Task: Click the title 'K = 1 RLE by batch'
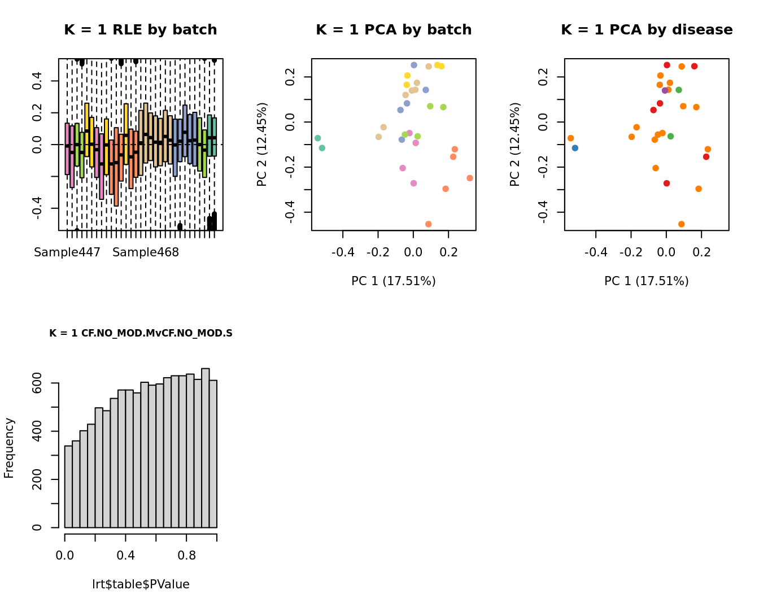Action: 140,30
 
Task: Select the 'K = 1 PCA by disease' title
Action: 647,30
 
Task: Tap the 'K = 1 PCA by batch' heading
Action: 394,30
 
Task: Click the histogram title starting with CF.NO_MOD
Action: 141,333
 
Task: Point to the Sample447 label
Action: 67,252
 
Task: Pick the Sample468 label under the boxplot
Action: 146,252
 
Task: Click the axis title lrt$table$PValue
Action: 141,584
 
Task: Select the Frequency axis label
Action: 9,448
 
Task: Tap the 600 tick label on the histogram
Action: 37,383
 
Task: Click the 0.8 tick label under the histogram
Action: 187,555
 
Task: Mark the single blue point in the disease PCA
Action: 575,148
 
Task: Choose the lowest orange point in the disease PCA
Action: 681,224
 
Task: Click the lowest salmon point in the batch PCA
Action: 428,224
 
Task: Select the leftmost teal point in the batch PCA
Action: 317,138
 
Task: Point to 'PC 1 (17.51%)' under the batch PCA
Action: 394,281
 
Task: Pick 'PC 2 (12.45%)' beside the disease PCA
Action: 515,145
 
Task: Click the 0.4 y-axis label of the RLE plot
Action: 37,81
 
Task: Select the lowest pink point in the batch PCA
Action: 413,184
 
